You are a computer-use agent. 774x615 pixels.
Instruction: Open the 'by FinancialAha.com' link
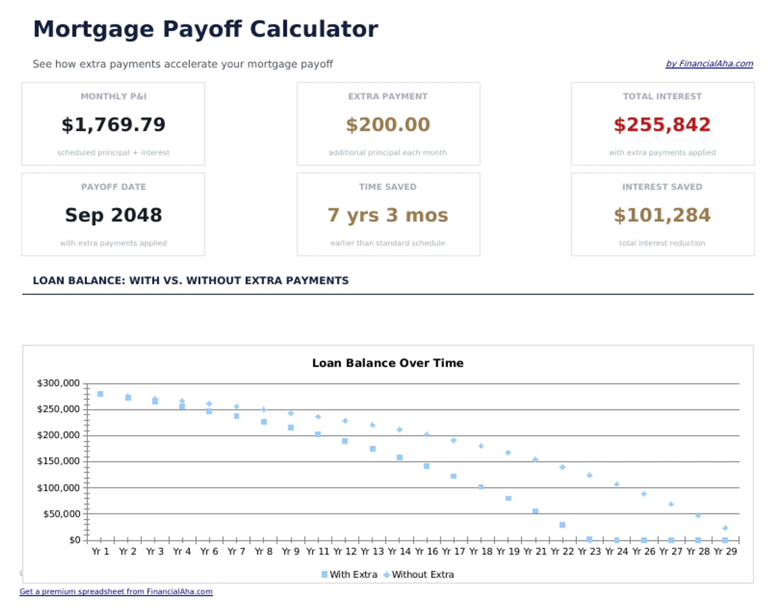pyautogui.click(x=709, y=64)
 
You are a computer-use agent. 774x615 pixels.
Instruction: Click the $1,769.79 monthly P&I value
pyautogui.click(x=114, y=124)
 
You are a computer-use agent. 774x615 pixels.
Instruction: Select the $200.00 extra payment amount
pyautogui.click(x=388, y=124)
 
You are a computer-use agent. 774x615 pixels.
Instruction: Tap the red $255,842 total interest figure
pyautogui.click(x=662, y=124)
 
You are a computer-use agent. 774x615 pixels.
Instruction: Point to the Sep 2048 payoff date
pyautogui.click(x=114, y=215)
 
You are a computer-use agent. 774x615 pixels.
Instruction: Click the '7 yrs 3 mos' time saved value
pyautogui.click(x=388, y=215)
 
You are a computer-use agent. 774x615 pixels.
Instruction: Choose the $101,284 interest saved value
pyautogui.click(x=662, y=215)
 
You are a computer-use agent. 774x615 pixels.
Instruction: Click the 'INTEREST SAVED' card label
pyautogui.click(x=662, y=187)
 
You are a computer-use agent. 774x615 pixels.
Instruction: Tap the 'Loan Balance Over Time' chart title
pyautogui.click(x=388, y=363)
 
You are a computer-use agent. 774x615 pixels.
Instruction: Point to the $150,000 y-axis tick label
pyautogui.click(x=58, y=461)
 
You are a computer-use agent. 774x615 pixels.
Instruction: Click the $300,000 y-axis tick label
pyautogui.click(x=58, y=383)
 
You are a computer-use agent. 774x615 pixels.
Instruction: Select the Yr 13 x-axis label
pyautogui.click(x=372, y=551)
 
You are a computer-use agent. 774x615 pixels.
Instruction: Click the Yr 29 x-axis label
pyautogui.click(x=725, y=551)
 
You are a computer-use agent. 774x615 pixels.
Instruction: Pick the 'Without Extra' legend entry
pyautogui.click(x=419, y=574)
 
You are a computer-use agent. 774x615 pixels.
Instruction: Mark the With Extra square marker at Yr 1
pyautogui.click(x=101, y=394)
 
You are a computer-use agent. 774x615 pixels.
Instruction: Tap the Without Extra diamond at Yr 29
pyautogui.click(x=725, y=528)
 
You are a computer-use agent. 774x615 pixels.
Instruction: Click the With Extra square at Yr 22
pyautogui.click(x=562, y=525)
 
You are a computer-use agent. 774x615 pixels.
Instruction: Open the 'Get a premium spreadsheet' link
pyautogui.click(x=116, y=591)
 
